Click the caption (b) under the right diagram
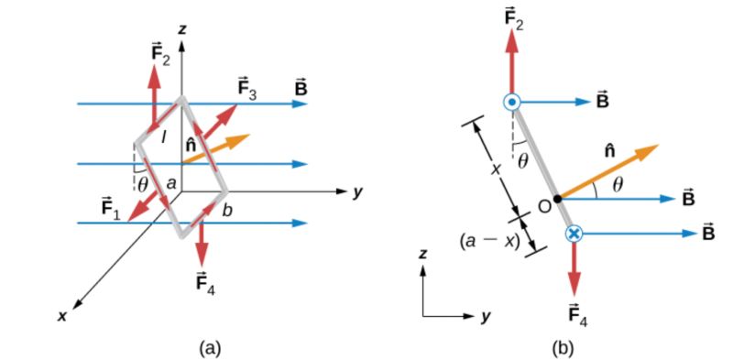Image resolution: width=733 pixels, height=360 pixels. tap(560, 347)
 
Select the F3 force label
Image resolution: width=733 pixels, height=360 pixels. tap(246, 89)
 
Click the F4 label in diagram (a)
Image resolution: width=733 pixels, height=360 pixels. tap(204, 278)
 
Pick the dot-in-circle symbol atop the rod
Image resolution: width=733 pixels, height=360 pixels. tap(513, 104)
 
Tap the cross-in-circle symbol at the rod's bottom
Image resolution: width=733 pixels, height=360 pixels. tap(574, 235)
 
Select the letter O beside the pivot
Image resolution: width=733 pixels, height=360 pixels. tap(543, 206)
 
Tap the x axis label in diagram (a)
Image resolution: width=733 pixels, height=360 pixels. tap(62, 316)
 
